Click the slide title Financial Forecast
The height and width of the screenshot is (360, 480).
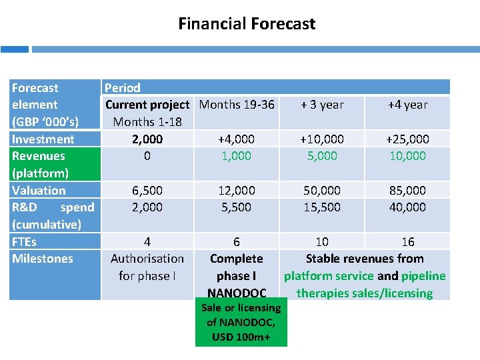pos(247,24)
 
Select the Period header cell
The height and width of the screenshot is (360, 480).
pos(123,88)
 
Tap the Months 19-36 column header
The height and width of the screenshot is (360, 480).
pos(237,105)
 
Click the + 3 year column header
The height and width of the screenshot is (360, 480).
pos(322,105)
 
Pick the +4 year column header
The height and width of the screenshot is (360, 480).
pos(407,105)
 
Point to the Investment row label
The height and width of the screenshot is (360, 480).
pos(43,139)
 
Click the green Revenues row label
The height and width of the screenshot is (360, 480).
pos(39,156)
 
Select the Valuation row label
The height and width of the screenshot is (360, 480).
pos(39,191)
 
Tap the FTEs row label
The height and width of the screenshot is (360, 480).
pos(25,241)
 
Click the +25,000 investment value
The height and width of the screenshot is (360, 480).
pos(407,139)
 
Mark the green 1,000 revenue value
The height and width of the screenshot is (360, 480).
pos(236,156)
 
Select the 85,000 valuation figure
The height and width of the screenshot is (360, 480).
pos(407,191)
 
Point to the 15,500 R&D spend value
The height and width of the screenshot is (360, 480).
pos(322,207)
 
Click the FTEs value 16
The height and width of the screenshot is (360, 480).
pos(407,241)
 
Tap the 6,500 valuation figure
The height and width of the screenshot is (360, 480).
pos(147,191)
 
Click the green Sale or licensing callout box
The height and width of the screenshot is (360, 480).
pos(241,323)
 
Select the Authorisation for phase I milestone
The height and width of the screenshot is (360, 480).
pos(147,267)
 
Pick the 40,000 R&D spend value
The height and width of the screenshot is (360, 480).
pos(407,207)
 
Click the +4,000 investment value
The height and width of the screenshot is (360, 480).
pos(236,139)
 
